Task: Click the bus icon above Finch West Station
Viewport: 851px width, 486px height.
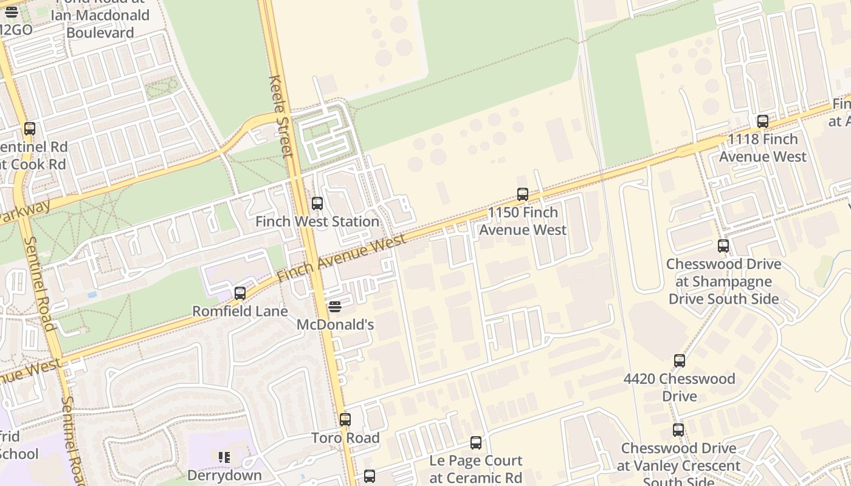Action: pyautogui.click(x=317, y=204)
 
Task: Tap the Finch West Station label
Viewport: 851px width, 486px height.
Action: pyautogui.click(x=317, y=222)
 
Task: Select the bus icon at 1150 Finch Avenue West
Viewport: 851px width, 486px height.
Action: pyautogui.click(x=523, y=194)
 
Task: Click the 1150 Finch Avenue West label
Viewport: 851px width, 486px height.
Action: pyautogui.click(x=523, y=221)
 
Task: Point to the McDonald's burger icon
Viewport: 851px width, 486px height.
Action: pyautogui.click(x=335, y=307)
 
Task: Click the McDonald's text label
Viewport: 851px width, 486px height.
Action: pyautogui.click(x=335, y=325)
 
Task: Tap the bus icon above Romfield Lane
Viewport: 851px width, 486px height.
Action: pyautogui.click(x=240, y=293)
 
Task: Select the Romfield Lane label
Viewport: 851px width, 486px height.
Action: pyautogui.click(x=240, y=312)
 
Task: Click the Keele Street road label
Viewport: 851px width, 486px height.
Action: pyautogui.click(x=280, y=117)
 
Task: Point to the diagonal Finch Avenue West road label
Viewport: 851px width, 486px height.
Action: pyautogui.click(x=341, y=258)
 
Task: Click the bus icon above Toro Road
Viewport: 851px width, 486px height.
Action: pyautogui.click(x=345, y=420)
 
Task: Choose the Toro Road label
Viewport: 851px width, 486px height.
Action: pyautogui.click(x=345, y=438)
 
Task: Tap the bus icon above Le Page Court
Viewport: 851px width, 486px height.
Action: pyautogui.click(x=476, y=443)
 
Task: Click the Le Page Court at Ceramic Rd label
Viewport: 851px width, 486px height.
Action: pyautogui.click(x=476, y=469)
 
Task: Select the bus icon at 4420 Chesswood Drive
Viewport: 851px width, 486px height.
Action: pyautogui.click(x=680, y=361)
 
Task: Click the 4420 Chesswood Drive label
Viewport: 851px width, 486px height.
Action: pyautogui.click(x=680, y=388)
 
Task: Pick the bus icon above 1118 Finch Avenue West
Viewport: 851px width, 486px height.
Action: pyautogui.click(x=763, y=122)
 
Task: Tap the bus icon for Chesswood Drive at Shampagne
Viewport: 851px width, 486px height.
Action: pyautogui.click(x=723, y=246)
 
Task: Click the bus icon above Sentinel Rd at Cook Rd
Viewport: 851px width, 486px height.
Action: pyautogui.click(x=30, y=129)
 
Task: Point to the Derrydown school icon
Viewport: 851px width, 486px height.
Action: pyautogui.click(x=224, y=457)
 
